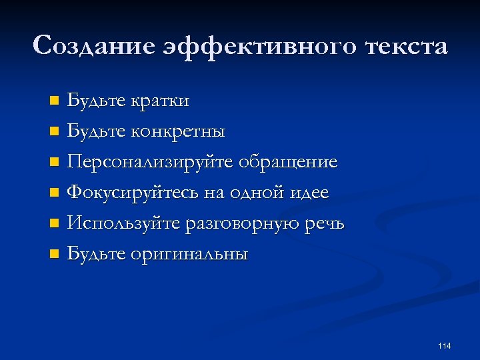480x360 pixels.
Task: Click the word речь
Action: click(324, 223)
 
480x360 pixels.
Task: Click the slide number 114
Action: click(445, 345)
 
